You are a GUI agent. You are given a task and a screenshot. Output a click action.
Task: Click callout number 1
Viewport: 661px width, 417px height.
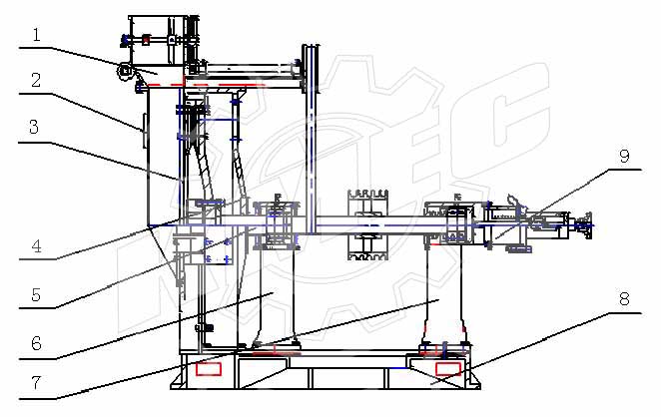(x=36, y=35)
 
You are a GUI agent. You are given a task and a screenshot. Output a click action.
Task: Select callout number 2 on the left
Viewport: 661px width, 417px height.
(x=36, y=80)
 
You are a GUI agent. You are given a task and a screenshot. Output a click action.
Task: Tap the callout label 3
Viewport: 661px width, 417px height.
(x=36, y=127)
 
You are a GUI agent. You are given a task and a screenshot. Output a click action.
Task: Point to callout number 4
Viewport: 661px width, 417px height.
(x=36, y=243)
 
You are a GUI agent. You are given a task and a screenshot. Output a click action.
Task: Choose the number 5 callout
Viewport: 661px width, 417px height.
(x=36, y=294)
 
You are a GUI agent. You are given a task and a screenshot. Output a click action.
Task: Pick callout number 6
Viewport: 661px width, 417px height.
(x=36, y=342)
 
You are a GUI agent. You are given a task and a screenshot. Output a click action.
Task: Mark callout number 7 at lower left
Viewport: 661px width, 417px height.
(x=36, y=382)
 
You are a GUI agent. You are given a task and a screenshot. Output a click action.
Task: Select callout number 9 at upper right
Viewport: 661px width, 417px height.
(x=623, y=156)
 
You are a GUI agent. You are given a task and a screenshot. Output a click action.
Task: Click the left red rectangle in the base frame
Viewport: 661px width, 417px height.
(x=210, y=370)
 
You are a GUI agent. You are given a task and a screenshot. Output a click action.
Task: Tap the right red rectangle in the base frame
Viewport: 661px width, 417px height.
(x=448, y=370)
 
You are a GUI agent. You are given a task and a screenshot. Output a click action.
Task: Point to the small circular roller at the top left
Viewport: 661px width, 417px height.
(x=126, y=71)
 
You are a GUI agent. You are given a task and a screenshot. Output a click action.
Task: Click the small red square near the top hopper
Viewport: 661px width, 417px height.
(x=146, y=40)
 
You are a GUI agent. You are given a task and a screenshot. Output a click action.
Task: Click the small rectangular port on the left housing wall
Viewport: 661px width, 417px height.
(x=144, y=127)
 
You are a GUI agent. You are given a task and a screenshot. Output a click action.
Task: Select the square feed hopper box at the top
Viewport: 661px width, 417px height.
(x=160, y=40)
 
